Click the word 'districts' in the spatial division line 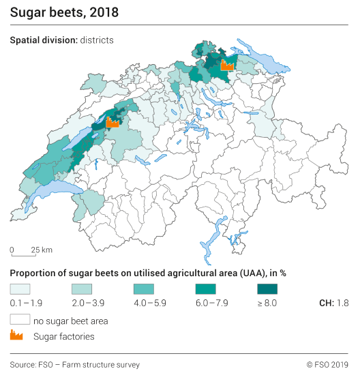[96, 40]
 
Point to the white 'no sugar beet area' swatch [20, 319]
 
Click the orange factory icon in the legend [16, 336]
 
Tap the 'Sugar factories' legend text [63, 336]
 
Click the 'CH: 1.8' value [334, 303]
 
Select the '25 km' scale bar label [42, 249]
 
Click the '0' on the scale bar [12, 249]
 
